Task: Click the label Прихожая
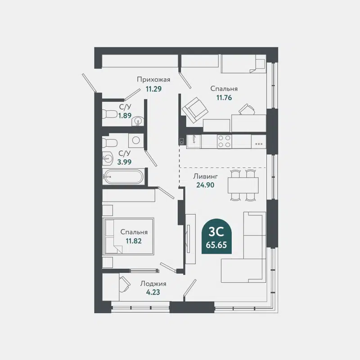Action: click(x=153, y=80)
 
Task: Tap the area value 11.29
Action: click(x=153, y=89)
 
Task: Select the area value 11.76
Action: click(x=224, y=97)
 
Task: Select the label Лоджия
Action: click(x=153, y=283)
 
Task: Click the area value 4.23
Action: click(x=153, y=292)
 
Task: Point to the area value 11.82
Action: click(x=134, y=240)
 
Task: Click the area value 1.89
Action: click(x=125, y=115)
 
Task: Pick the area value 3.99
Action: click(x=125, y=162)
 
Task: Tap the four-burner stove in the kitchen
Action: click(x=224, y=141)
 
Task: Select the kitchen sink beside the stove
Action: click(x=193, y=140)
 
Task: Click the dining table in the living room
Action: click(x=243, y=185)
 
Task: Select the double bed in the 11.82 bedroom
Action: click(x=128, y=236)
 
